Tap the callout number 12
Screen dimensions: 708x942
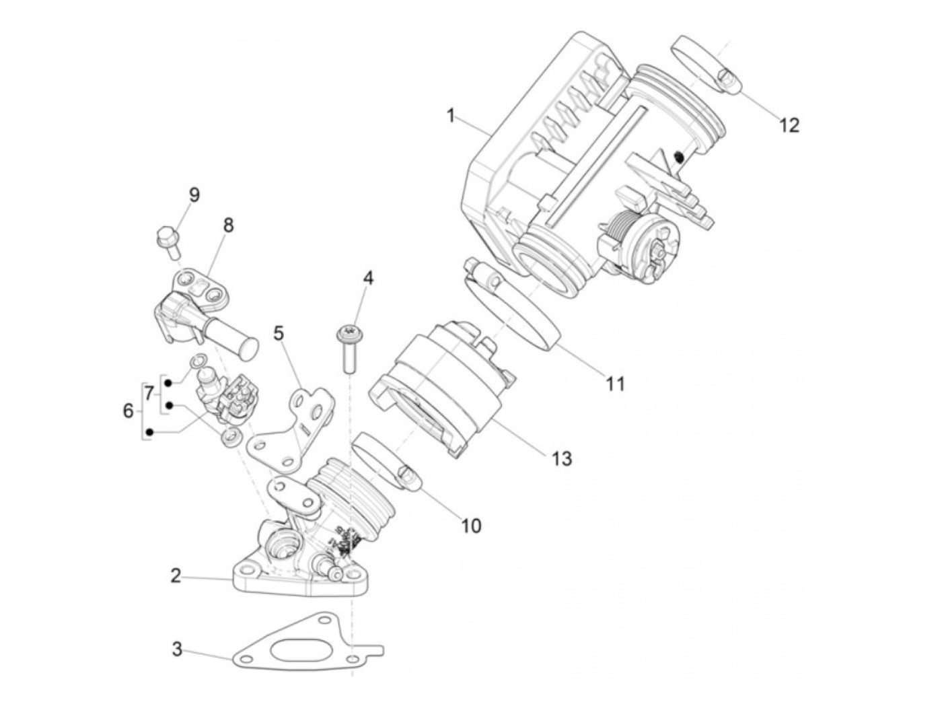(789, 125)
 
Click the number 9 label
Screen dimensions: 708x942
(194, 195)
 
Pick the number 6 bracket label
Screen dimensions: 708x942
(129, 410)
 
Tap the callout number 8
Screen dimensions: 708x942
(228, 225)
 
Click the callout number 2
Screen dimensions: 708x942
(176, 576)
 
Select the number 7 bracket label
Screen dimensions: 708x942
(149, 390)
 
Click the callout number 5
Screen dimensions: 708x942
(279, 332)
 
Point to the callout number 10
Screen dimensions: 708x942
(471, 525)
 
